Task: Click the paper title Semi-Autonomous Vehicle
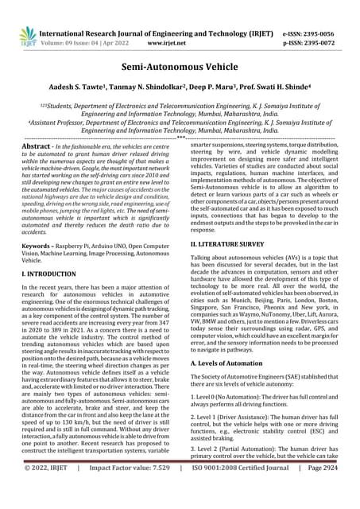pyautogui.click(x=180, y=70)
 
